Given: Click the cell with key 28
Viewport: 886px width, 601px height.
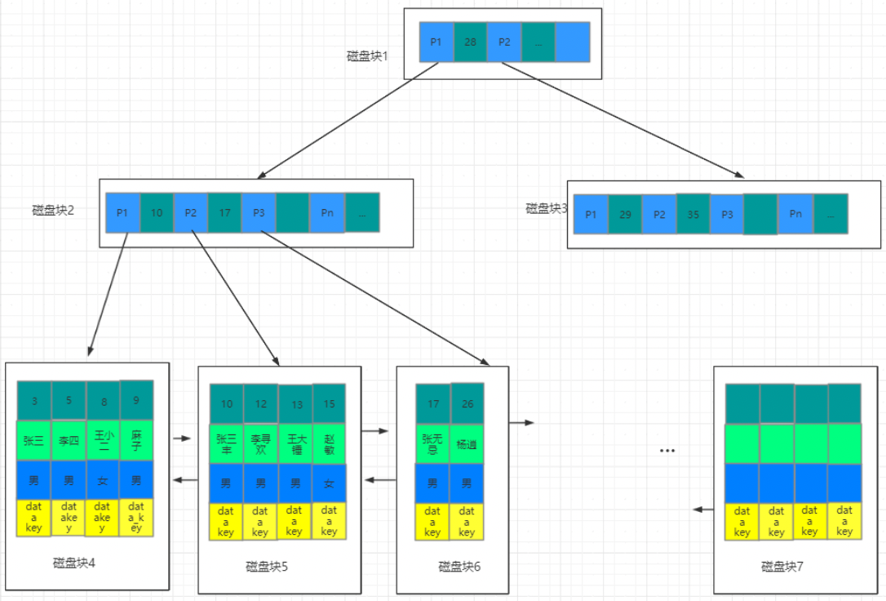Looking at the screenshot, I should (470, 42).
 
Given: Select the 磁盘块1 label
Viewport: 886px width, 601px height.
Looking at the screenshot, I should (368, 56).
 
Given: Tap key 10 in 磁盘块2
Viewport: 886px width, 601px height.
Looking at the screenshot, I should (157, 213).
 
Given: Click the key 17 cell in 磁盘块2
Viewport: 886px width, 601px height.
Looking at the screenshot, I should (224, 213).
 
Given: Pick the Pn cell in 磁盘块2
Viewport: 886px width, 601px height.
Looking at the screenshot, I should (327, 213).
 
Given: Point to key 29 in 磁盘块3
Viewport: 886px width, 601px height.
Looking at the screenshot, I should (625, 214).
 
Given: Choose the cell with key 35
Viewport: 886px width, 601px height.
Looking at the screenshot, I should (693, 214).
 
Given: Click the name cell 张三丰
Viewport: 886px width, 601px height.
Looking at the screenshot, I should (227, 442).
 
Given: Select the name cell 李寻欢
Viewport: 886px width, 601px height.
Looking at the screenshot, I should (260, 442).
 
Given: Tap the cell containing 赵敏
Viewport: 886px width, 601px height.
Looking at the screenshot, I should (329, 442).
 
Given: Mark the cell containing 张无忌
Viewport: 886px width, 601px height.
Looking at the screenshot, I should (432, 442).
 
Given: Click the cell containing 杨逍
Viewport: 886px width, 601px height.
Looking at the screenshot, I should (467, 442).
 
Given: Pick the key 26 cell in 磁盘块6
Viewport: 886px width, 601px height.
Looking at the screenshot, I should (467, 403).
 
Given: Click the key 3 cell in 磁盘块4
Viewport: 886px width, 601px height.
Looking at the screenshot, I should (34, 401).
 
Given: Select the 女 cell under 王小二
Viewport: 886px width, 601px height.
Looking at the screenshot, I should (103, 480).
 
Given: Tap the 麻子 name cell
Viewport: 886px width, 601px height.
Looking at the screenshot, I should (136, 441).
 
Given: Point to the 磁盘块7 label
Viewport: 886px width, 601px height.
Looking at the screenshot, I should (782, 566).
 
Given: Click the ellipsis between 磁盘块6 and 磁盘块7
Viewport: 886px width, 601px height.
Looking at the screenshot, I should (667, 451).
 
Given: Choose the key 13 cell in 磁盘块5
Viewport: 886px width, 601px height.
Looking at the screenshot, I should (295, 404).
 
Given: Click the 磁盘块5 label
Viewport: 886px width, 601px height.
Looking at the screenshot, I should (267, 566).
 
